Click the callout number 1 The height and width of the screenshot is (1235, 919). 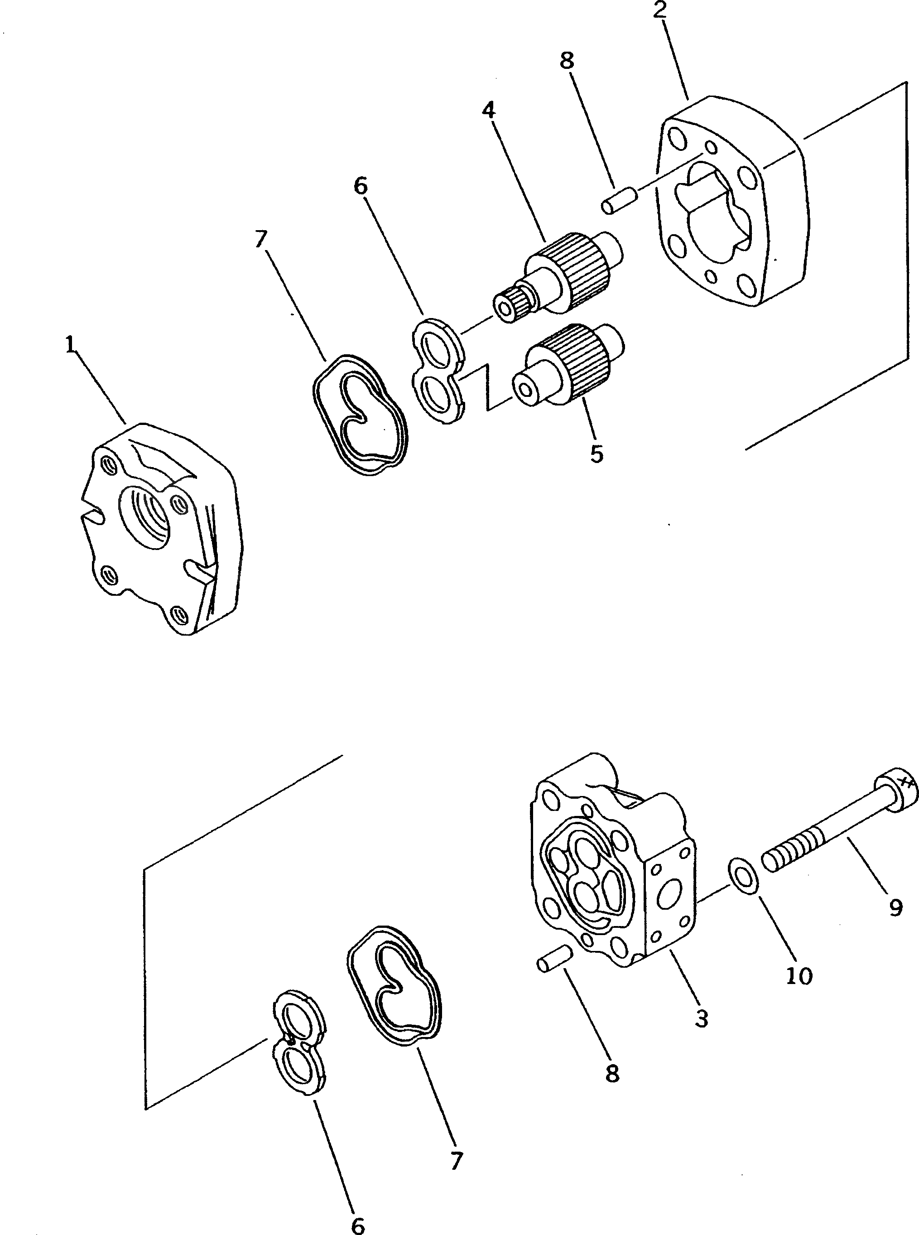click(70, 346)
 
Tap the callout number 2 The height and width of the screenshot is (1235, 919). click(660, 10)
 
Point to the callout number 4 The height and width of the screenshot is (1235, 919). click(488, 110)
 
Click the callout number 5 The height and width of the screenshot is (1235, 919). click(597, 454)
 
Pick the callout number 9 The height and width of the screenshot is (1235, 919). click(895, 908)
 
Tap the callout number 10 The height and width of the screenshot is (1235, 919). click(799, 975)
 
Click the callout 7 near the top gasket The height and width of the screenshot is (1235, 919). click(261, 240)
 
